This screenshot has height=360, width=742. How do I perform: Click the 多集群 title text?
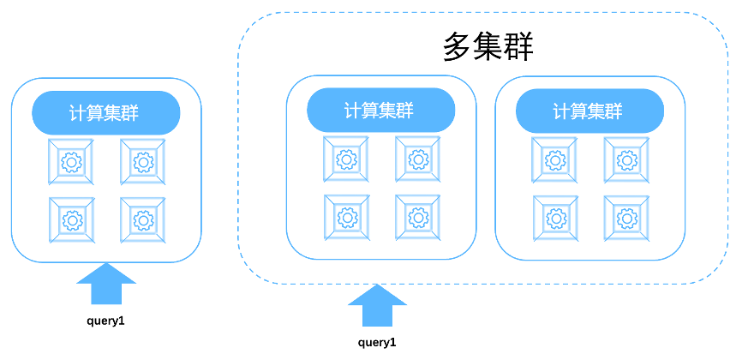click(488, 47)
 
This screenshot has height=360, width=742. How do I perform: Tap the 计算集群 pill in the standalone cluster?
click(105, 113)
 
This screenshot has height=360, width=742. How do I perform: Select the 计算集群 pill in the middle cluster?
click(380, 111)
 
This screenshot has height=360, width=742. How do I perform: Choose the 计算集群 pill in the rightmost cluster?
click(589, 111)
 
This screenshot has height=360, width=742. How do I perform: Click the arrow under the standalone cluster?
click(106, 285)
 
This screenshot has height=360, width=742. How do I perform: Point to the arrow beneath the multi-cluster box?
click(378, 306)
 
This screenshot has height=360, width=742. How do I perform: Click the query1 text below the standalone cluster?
click(105, 321)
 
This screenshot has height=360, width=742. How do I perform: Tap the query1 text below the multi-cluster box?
click(377, 343)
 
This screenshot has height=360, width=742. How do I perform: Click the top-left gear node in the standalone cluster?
click(72, 161)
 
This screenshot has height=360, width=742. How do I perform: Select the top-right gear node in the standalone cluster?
click(143, 161)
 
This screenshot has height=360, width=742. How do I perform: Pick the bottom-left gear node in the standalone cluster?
click(72, 219)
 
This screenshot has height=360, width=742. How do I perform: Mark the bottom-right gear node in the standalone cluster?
click(143, 219)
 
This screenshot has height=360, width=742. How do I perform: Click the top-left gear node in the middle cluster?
click(347, 159)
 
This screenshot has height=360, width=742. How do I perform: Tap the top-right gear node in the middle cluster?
click(418, 159)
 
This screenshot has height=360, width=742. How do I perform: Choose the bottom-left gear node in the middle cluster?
click(347, 218)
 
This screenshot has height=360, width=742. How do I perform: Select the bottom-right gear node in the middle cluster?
click(418, 218)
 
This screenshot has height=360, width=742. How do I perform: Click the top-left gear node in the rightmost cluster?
click(555, 159)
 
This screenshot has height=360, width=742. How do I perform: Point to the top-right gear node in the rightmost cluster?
click(627, 159)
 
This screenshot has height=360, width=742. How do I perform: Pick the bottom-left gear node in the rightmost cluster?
click(555, 218)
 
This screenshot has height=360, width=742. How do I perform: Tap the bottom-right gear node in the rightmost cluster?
click(627, 218)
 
